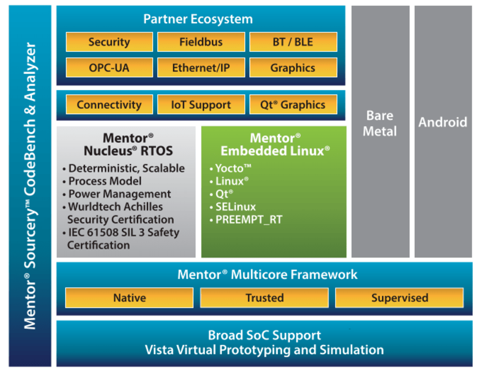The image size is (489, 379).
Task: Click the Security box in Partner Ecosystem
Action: tap(109, 42)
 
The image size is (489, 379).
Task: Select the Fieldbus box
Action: tap(201, 42)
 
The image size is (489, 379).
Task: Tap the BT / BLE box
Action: tap(293, 42)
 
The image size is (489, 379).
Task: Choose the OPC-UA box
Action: tap(109, 68)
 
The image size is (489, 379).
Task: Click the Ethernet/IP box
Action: tap(201, 68)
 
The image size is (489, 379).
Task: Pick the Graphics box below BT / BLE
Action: tap(293, 68)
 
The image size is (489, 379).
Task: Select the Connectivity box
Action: tap(109, 104)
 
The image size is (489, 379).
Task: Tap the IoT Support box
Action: tap(201, 104)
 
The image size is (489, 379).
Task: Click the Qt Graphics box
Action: tap(293, 104)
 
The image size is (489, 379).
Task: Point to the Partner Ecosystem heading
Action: tap(198, 20)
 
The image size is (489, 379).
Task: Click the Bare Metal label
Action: tap(380, 123)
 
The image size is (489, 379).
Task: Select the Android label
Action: tap(442, 122)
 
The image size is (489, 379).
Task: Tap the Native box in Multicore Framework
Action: tap(130, 298)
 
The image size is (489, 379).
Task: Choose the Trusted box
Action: tap(264, 298)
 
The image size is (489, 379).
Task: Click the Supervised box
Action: tap(399, 298)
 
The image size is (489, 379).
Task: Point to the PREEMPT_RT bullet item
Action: tap(249, 220)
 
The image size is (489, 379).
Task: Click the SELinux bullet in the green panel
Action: tap(236, 207)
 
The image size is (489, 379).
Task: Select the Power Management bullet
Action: tap(119, 194)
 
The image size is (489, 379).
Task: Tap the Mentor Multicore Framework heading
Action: tap(267, 274)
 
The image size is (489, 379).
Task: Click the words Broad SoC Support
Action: tap(264, 336)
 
